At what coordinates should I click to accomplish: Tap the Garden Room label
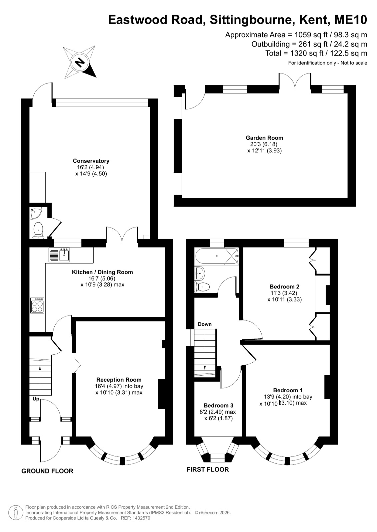[x=264, y=138]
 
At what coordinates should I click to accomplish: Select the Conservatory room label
[x=91, y=161]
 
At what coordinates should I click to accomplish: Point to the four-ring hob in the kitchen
[x=37, y=305]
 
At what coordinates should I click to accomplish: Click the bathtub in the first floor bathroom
[x=217, y=256]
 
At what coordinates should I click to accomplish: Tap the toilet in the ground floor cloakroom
[x=38, y=230]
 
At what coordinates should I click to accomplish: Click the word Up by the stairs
[x=36, y=399]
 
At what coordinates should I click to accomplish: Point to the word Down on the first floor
[x=205, y=324]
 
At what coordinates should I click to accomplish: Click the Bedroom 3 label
[x=218, y=406]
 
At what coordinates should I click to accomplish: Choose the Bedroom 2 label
[x=284, y=286]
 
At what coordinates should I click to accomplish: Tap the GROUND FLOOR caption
[x=47, y=471]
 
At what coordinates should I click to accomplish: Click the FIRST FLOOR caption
[x=208, y=469]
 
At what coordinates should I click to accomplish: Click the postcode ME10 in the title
[x=351, y=20]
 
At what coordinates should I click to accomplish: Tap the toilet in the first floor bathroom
[x=202, y=287]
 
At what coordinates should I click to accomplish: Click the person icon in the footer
[x=16, y=513]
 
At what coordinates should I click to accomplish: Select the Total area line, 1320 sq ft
[x=316, y=54]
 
